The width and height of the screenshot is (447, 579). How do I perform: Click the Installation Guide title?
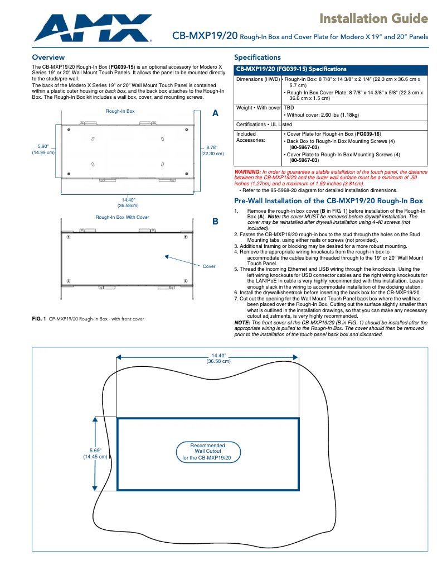click(x=373, y=19)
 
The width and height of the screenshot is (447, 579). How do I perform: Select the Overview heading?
click(x=48, y=58)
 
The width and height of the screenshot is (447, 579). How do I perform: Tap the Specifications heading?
click(x=257, y=58)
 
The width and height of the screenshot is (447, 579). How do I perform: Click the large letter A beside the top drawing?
click(x=216, y=113)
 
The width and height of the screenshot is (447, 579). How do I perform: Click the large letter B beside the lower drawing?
click(x=216, y=222)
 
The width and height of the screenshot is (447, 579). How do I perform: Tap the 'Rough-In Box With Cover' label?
click(x=122, y=217)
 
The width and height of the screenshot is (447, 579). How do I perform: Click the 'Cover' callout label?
click(x=209, y=266)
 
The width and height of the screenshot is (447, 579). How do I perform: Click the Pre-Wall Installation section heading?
click(x=328, y=200)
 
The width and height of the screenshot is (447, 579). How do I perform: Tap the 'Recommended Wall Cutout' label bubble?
click(x=208, y=452)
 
